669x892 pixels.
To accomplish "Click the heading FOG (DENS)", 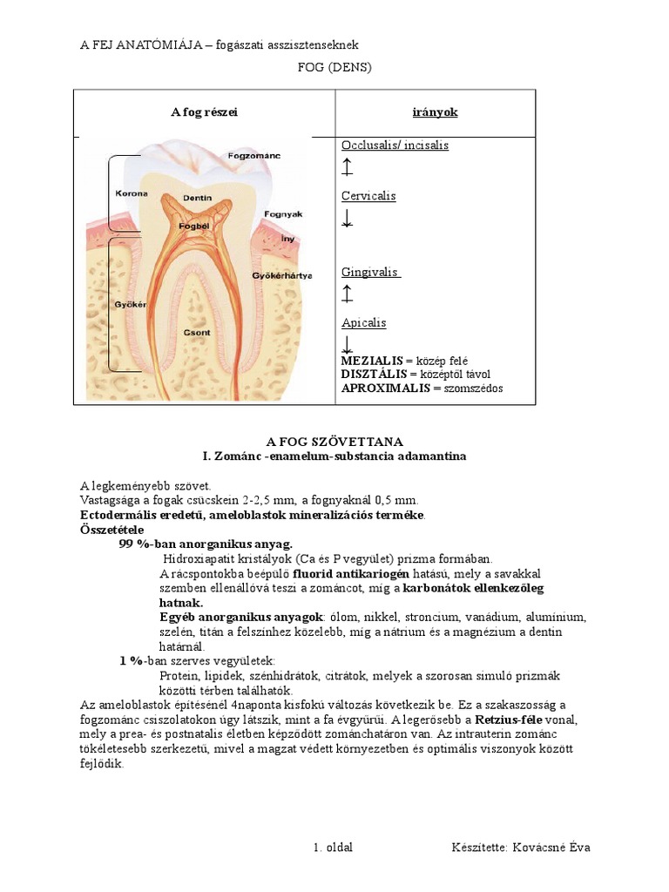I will tap(334, 68).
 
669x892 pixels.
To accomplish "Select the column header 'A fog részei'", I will tap(204, 112).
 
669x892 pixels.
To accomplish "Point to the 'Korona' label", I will tap(132, 193).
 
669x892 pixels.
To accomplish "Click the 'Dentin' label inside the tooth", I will tap(197, 198).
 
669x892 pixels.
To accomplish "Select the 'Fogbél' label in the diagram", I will tap(193, 226).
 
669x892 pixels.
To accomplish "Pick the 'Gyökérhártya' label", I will tap(281, 276).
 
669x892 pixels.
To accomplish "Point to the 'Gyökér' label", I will tap(130, 305).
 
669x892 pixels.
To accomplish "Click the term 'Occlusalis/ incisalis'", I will tap(395, 145).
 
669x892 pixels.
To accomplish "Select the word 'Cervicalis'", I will tap(368, 196).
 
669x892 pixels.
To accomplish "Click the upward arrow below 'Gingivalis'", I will tap(348, 294).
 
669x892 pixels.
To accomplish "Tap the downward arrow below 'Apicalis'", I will tap(348, 344).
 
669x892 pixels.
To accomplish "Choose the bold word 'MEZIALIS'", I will tap(372, 361).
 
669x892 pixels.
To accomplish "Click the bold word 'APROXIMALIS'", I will tap(384, 389).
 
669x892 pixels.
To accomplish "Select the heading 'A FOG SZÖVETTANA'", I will tap(334, 443).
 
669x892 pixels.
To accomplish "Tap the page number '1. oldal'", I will tap(333, 848).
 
